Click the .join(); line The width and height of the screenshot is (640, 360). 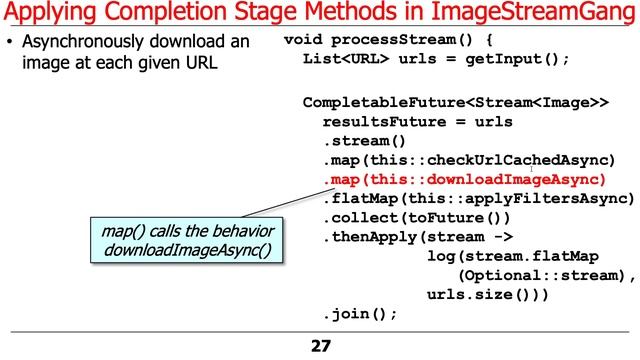pyautogui.click(x=360, y=313)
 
